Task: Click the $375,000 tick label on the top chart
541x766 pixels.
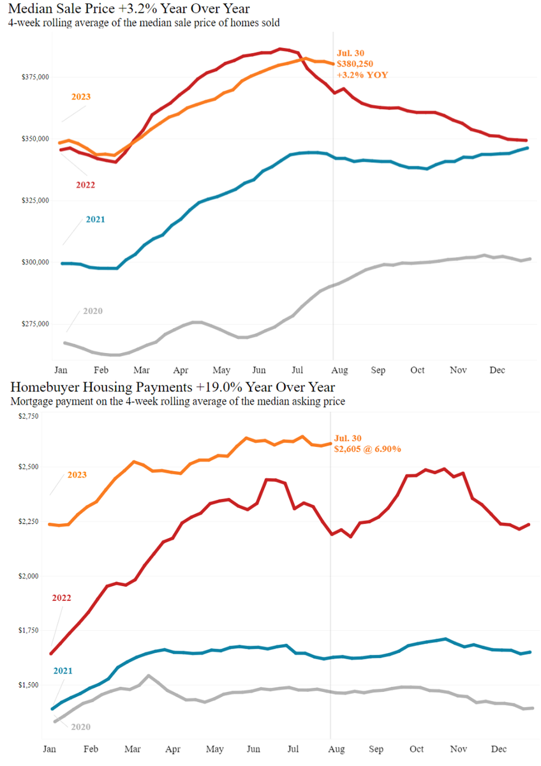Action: (36, 77)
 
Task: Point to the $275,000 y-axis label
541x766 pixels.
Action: (36, 324)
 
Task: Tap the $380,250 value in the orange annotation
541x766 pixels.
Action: (355, 64)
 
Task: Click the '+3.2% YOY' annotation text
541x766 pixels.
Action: (362, 75)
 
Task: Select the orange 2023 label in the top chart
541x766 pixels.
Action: (80, 97)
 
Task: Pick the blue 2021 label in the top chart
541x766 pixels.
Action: (95, 220)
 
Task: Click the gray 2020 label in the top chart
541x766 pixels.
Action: (93, 311)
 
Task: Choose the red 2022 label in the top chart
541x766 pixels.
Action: (87, 184)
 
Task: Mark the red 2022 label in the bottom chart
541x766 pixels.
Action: (61, 598)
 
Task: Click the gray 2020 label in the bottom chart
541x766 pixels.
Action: (80, 726)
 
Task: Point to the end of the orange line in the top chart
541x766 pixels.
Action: (332, 64)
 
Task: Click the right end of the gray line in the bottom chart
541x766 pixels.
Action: (532, 707)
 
